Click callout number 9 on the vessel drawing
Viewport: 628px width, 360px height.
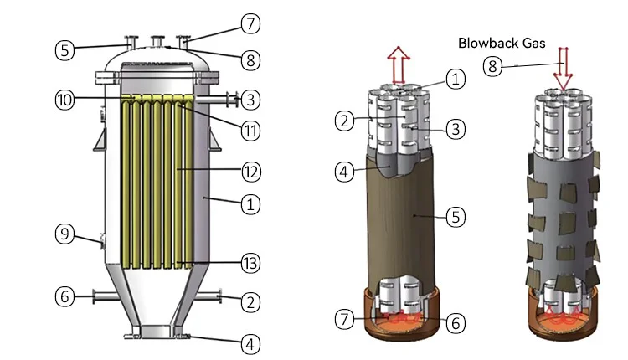coord(65,234)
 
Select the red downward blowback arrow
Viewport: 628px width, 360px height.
coord(562,69)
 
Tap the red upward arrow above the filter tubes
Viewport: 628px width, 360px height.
coord(399,64)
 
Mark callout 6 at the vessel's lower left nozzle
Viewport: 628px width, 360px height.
coord(65,296)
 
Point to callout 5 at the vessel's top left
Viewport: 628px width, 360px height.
coord(65,49)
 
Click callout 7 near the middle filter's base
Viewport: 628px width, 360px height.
coord(342,319)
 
